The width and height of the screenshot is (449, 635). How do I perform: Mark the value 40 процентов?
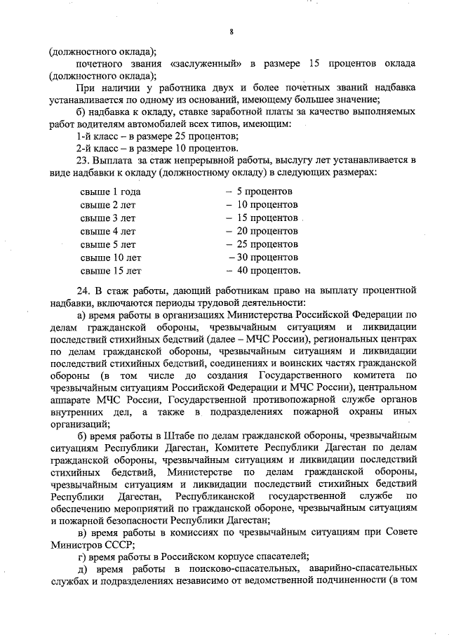pos(269,271)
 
